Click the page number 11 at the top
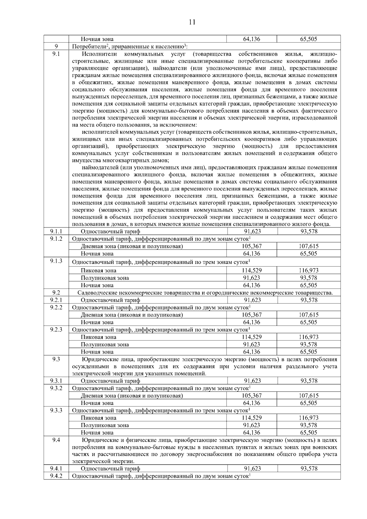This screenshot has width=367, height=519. (x=192, y=22)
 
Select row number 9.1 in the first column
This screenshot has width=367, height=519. (x=56, y=54)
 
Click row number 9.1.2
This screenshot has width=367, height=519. (x=56, y=239)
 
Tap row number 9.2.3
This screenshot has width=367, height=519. (x=56, y=329)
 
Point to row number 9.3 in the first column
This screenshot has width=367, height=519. (x=56, y=359)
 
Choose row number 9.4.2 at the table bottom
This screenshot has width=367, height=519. (x=56, y=476)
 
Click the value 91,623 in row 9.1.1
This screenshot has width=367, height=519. (x=252, y=231)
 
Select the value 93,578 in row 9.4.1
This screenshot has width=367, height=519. (x=309, y=469)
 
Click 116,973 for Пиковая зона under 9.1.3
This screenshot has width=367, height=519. (x=309, y=270)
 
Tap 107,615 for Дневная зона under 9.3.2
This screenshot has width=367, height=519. (x=309, y=396)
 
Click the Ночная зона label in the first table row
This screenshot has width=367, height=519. (x=97, y=39)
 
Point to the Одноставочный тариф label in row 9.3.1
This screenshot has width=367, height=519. (x=110, y=381)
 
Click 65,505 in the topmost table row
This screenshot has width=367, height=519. (x=309, y=39)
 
